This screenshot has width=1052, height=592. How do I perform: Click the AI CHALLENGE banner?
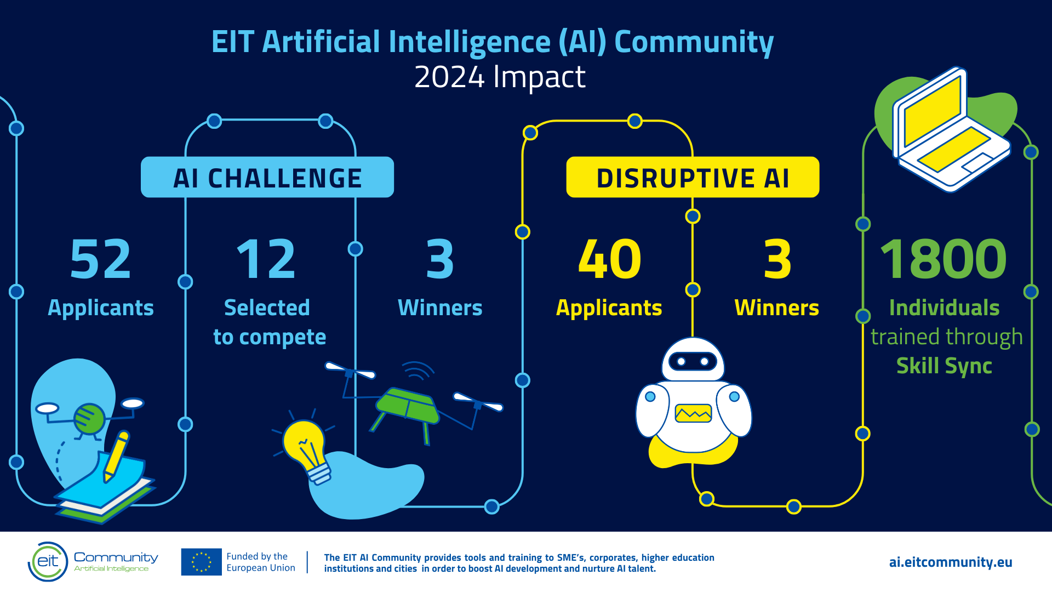[x=267, y=177]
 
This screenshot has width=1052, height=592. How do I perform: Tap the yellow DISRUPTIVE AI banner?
[x=693, y=177]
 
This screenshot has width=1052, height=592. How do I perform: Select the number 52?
[x=101, y=259]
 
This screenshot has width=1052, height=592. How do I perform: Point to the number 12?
[x=266, y=259]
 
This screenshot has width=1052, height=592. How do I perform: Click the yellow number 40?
[x=610, y=259]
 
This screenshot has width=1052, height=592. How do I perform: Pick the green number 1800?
[x=944, y=259]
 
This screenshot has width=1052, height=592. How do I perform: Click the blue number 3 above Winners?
[x=440, y=259]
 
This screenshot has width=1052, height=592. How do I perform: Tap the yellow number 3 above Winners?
[x=777, y=259]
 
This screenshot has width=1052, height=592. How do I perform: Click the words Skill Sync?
[x=944, y=366]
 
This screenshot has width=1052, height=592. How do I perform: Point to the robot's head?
[x=693, y=360]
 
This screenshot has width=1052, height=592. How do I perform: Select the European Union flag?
[x=201, y=562]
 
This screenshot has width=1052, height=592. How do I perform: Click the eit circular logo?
[x=48, y=561]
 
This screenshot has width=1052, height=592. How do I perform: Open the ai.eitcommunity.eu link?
[x=951, y=562]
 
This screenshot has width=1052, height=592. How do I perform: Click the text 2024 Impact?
[x=500, y=77]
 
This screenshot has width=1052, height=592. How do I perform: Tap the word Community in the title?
[x=694, y=42]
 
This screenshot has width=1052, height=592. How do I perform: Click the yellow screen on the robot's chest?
[x=693, y=413]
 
